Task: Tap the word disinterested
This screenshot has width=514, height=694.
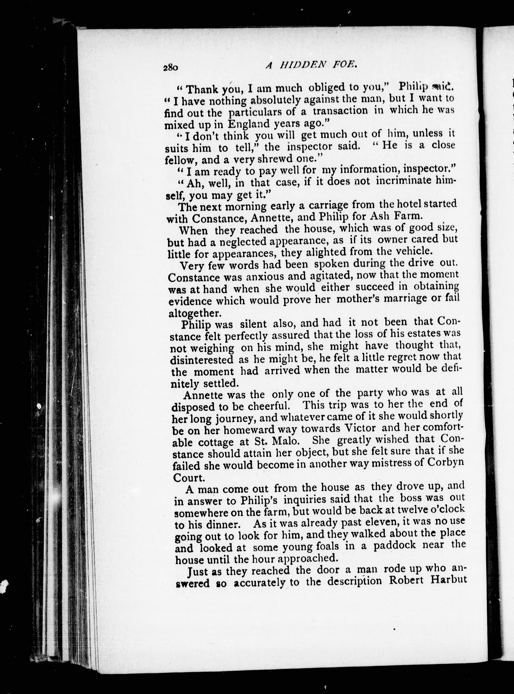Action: [x=202, y=360]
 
